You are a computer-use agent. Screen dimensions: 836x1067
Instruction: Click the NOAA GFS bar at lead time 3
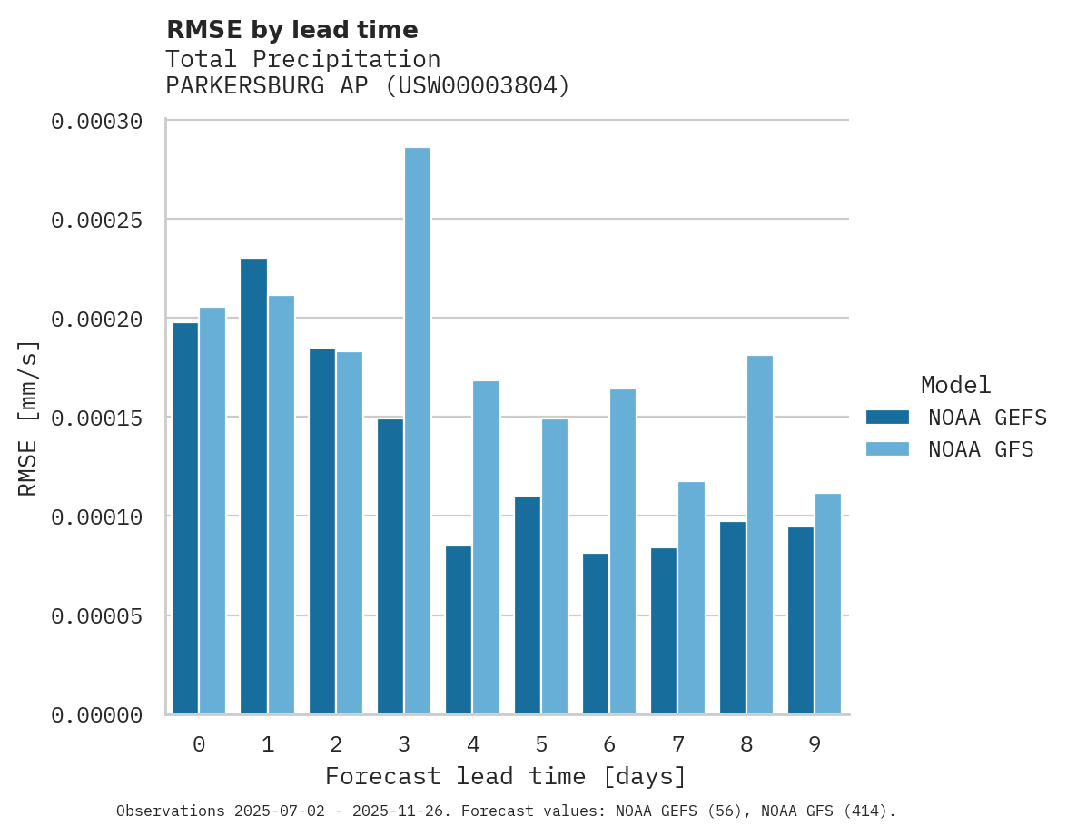pyautogui.click(x=418, y=431)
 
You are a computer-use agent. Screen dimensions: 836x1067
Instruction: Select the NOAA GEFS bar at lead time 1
pyautogui.click(x=254, y=487)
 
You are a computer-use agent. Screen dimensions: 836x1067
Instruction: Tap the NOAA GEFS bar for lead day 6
pyautogui.click(x=596, y=634)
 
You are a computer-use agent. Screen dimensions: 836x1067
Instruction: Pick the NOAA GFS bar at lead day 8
pyautogui.click(x=760, y=535)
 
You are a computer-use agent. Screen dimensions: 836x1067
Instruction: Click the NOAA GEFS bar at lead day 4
pyautogui.click(x=459, y=630)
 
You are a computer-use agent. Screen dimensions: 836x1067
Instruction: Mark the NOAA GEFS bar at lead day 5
pyautogui.click(x=528, y=605)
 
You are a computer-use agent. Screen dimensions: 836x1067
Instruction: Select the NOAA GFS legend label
pyautogui.click(x=981, y=449)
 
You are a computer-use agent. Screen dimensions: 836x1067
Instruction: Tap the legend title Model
pyautogui.click(x=955, y=385)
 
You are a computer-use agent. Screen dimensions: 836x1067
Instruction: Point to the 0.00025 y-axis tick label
pyautogui.click(x=96, y=220)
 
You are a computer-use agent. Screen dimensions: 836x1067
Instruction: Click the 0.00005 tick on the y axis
pyautogui.click(x=96, y=616)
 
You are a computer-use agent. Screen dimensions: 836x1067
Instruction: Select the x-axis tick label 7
pyautogui.click(x=678, y=745)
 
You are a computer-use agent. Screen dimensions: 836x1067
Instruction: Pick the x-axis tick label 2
pyautogui.click(x=336, y=745)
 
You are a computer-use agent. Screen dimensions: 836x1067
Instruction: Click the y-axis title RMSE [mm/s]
pyautogui.click(x=28, y=418)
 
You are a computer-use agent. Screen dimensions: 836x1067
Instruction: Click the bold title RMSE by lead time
pyautogui.click(x=291, y=30)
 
